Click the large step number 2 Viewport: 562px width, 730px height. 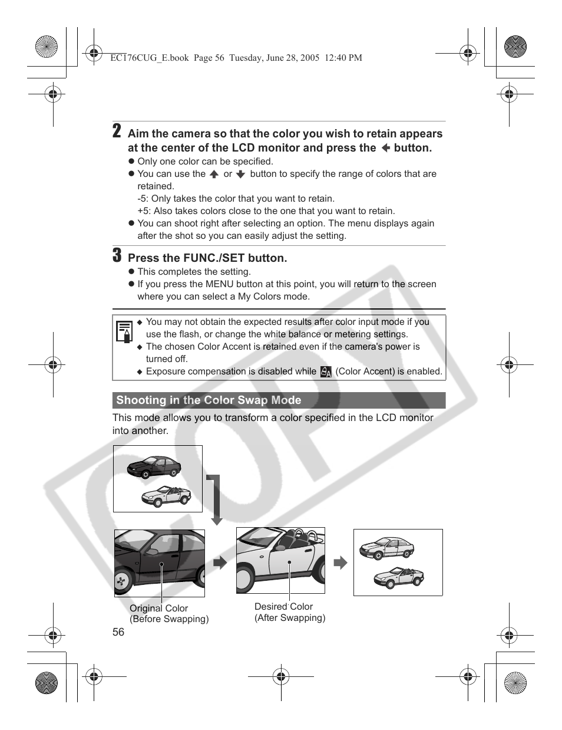pyautogui.click(x=117, y=131)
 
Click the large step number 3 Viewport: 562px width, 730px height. pyautogui.click(x=117, y=255)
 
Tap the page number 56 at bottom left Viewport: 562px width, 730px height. pyautogui.click(x=118, y=632)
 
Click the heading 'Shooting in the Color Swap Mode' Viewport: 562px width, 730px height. pyautogui.click(x=209, y=400)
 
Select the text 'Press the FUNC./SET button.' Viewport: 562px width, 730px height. pyautogui.click(x=207, y=258)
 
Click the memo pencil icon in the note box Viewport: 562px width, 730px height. pyautogui.click(x=124, y=332)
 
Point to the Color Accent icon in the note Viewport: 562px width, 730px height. pyautogui.click(x=326, y=371)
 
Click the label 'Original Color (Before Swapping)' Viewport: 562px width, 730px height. pyautogui.click(x=169, y=614)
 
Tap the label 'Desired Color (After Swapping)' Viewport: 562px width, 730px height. pyautogui.click(x=289, y=612)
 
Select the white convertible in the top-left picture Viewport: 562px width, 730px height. pyautogui.click(x=166, y=496)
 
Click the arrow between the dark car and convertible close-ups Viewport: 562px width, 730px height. pyautogui.click(x=220, y=563)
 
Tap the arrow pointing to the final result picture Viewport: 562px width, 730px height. pyautogui.click(x=340, y=563)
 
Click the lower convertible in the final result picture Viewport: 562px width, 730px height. pyautogui.click(x=399, y=577)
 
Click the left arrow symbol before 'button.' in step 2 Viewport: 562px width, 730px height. pyautogui.click(x=385, y=149)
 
